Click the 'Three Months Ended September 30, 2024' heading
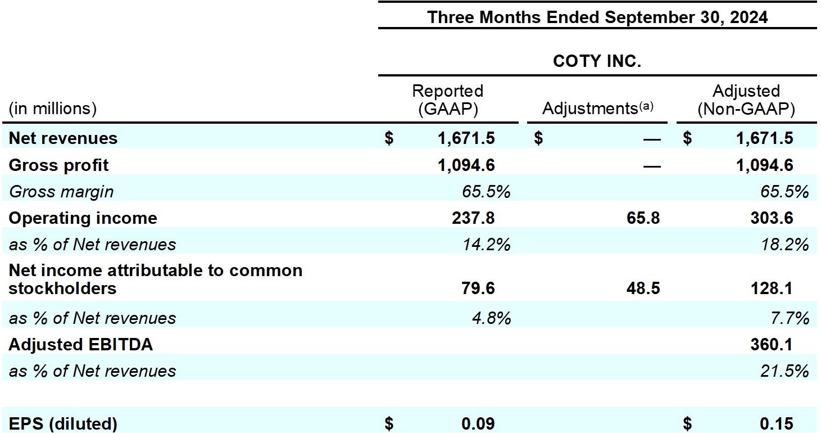[597, 17]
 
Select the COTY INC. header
[597, 61]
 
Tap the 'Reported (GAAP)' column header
[447, 100]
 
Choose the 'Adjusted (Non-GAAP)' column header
[746, 100]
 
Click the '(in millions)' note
[52, 109]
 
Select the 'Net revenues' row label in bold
[63, 138]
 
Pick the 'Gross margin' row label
[61, 192]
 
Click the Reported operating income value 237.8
[473, 218]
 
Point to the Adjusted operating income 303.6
[772, 218]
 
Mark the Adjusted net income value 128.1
[772, 288]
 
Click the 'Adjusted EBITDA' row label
[80, 345]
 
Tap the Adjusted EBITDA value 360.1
[772, 345]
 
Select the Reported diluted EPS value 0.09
[478, 424]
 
